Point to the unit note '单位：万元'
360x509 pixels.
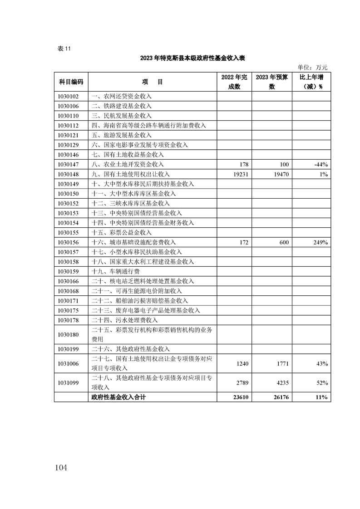312,67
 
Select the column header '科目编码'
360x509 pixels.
71,82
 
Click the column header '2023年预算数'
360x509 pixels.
271,82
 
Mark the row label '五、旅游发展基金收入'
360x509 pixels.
121,135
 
